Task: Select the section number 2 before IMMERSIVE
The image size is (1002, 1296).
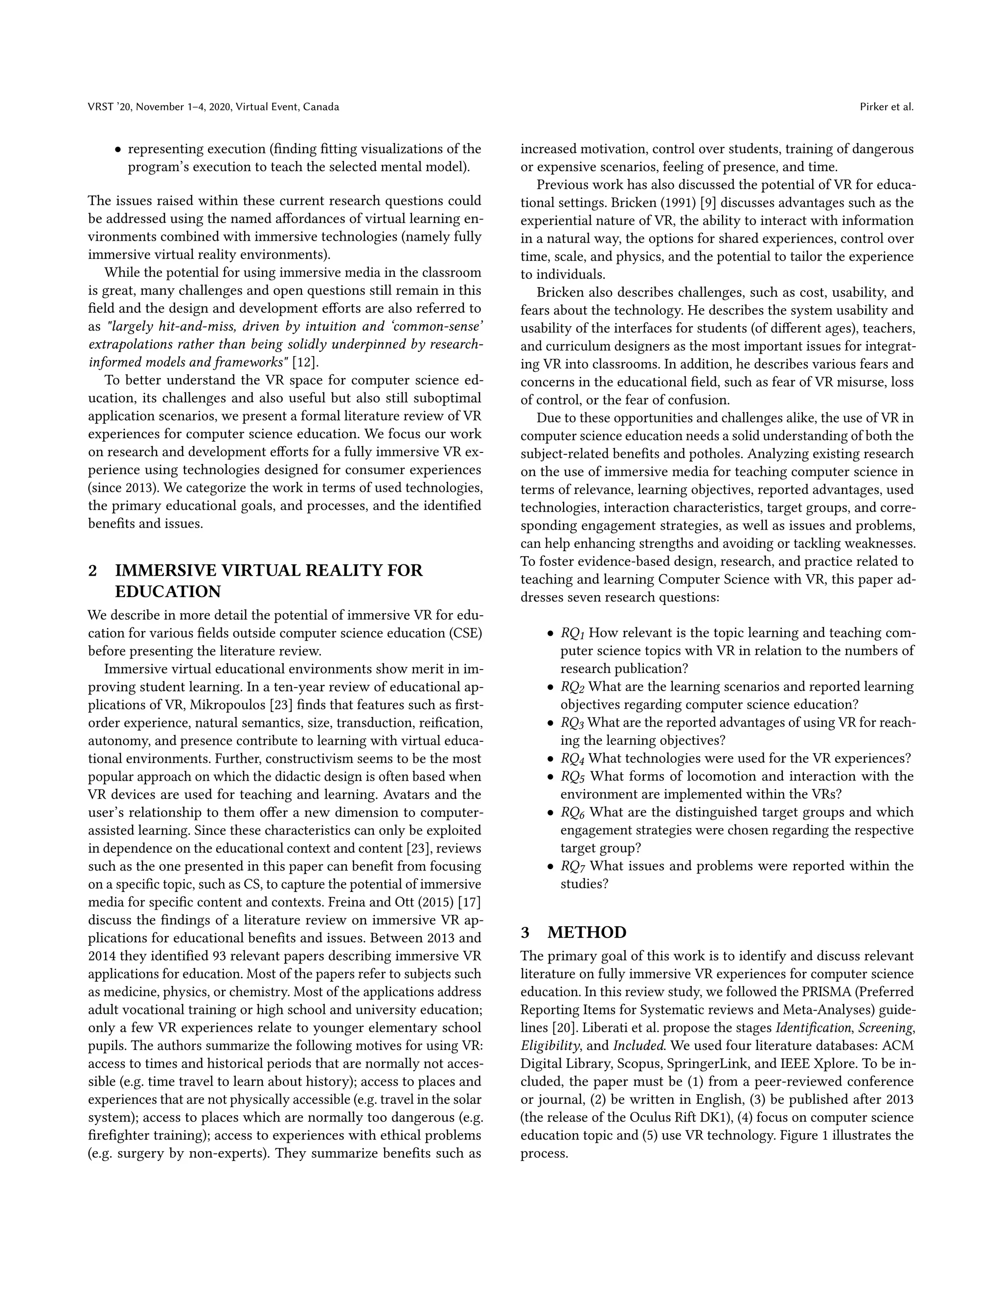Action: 92,570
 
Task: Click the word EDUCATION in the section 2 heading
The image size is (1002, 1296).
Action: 167,592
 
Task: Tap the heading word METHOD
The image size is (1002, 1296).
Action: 587,932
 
